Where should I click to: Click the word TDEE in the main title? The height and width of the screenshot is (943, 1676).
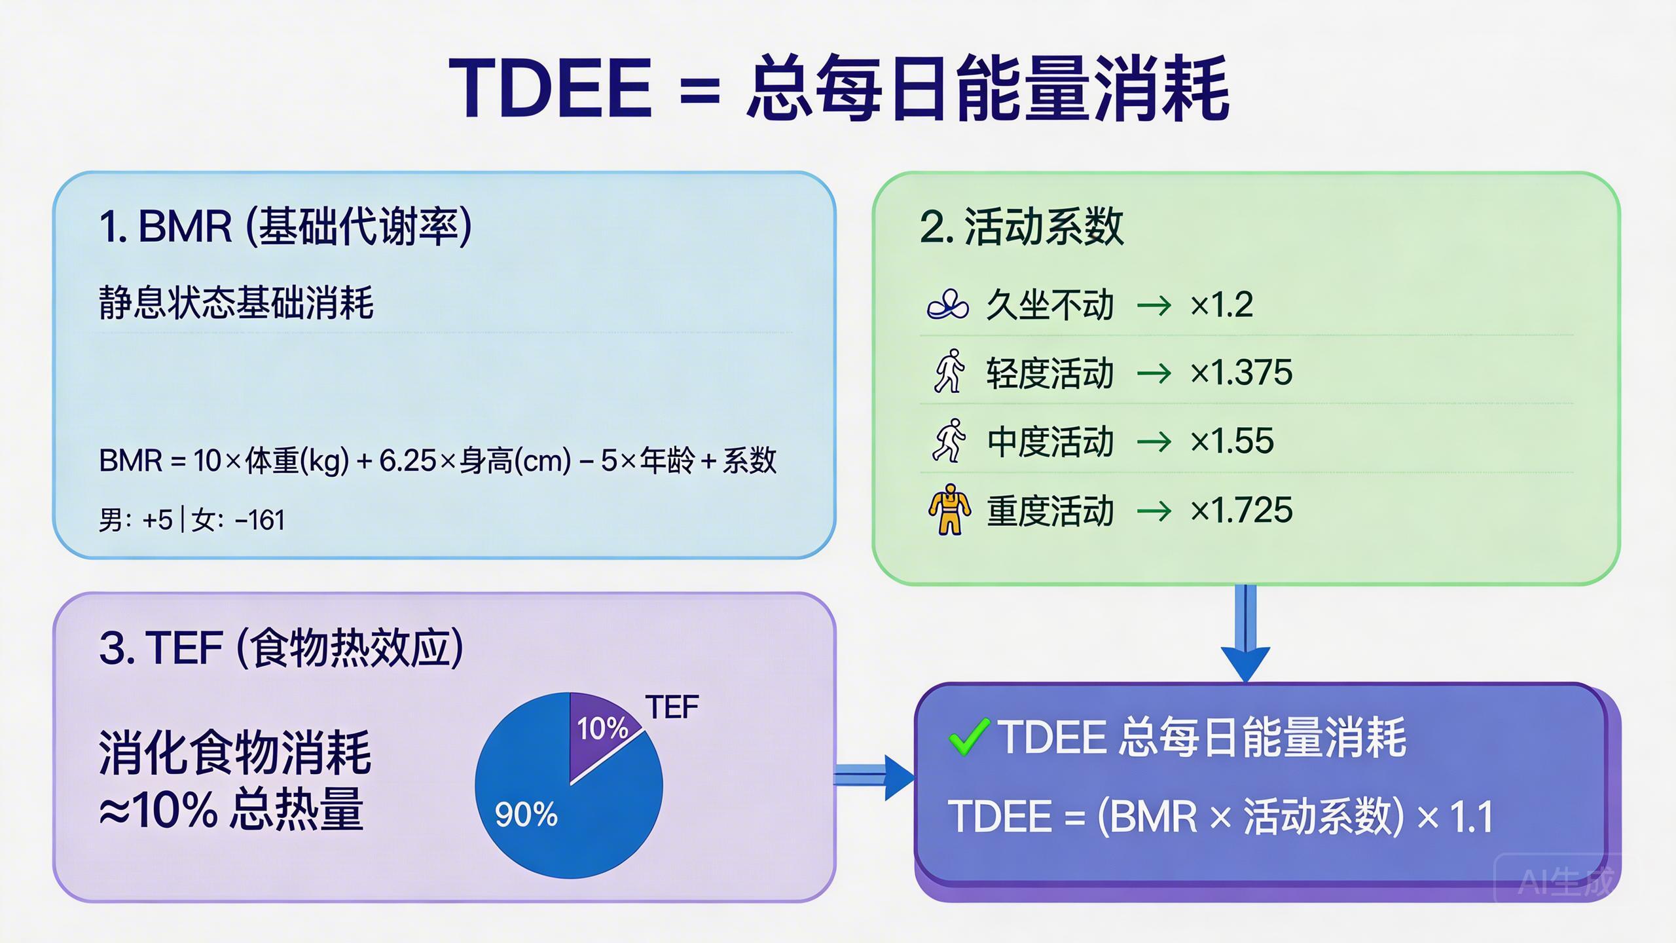point(550,88)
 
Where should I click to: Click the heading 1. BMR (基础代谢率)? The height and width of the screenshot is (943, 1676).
point(285,227)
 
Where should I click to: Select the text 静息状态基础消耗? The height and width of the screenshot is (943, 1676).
point(236,303)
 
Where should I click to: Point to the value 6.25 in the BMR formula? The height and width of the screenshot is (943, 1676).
point(407,461)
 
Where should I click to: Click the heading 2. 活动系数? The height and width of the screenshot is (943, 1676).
point(1021,227)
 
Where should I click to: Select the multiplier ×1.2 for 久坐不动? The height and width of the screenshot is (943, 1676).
point(1222,305)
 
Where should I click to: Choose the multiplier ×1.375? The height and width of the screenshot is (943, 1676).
point(1241,373)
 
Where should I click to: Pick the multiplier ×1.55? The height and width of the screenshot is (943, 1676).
point(1232,441)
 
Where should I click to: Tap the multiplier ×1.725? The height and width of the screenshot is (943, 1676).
point(1241,510)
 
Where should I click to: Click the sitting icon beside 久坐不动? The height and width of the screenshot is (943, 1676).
point(947,305)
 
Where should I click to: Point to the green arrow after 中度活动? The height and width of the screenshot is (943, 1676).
point(1154,441)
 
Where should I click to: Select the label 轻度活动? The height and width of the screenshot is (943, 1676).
point(1050,373)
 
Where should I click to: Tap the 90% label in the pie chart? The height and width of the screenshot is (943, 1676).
point(526,815)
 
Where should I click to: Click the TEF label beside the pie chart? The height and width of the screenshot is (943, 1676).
point(672,707)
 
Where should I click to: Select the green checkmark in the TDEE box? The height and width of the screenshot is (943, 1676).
point(968,737)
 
